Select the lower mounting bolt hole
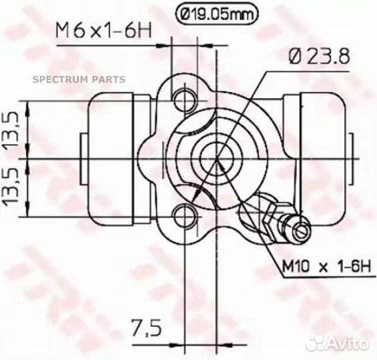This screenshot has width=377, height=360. coord(184,216)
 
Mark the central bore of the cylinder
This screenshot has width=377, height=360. coord(218,159)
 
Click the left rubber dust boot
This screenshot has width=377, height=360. coord(110,159)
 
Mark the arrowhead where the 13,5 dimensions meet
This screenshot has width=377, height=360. coord(27,159)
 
